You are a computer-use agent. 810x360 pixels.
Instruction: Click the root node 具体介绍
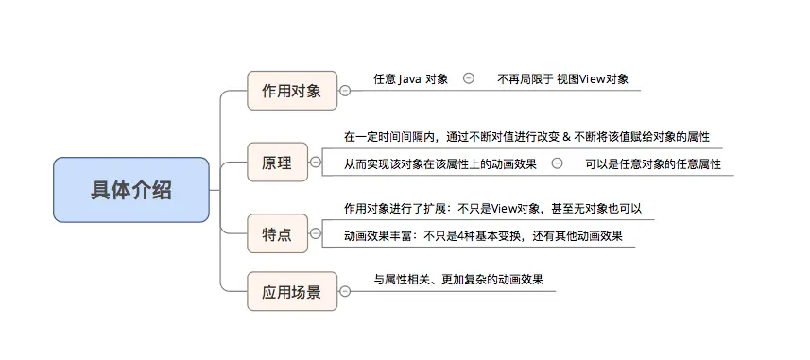(131, 190)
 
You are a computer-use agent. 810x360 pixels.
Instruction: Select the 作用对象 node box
(291, 91)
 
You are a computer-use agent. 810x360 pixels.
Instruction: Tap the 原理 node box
(277, 163)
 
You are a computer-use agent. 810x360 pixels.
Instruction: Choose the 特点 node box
(277, 232)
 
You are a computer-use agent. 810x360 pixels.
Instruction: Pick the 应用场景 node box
(291, 292)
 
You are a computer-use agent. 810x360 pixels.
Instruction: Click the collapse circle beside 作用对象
(345, 91)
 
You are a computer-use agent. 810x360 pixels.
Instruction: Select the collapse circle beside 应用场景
(345, 292)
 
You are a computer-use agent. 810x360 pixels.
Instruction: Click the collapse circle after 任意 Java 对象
(469, 78)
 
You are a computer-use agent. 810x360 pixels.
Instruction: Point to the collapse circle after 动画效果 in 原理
(557, 163)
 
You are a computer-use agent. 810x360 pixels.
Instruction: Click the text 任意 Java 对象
(410, 78)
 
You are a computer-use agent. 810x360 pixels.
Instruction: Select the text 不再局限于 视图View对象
(562, 78)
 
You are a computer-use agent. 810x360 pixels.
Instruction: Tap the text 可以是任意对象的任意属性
(652, 163)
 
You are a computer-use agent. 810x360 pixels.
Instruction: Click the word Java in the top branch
(409, 78)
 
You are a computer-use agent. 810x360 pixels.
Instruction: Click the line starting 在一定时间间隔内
(526, 136)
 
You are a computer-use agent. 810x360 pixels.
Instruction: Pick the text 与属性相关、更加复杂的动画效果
(458, 280)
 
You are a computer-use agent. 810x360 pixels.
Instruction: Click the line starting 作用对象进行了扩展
(492, 208)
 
